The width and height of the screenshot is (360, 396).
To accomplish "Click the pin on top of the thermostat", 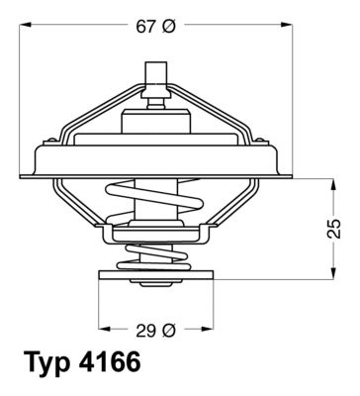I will pos(155,76).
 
